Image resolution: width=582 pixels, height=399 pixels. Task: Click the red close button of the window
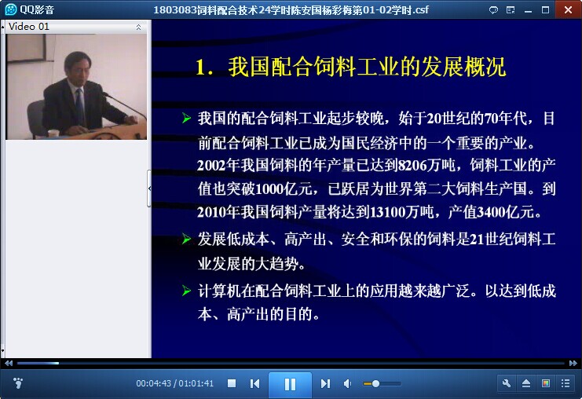point(569,9)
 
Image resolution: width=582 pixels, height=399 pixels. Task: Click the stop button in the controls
point(232,383)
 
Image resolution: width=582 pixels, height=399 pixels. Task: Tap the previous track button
point(254,383)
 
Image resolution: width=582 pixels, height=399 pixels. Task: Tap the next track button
point(325,383)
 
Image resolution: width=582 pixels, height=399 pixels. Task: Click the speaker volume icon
point(347,383)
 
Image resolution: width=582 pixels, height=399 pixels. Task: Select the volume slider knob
point(375,383)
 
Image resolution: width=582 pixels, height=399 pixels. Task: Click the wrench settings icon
point(507,383)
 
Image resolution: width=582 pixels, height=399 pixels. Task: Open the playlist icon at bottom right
point(566,383)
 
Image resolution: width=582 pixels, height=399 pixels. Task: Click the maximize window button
point(545,9)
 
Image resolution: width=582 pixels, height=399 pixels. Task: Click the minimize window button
point(528,11)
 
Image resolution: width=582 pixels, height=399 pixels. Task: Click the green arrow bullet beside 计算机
point(186,291)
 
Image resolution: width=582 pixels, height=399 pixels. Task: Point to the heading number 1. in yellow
point(204,68)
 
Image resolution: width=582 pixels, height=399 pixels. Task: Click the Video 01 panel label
point(28,27)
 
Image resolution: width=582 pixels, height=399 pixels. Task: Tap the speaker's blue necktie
point(80,106)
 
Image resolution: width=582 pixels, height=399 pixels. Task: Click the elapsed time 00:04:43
point(153,383)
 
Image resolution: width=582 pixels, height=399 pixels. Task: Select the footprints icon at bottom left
point(17,383)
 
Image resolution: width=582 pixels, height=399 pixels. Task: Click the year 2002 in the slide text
point(211,166)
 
